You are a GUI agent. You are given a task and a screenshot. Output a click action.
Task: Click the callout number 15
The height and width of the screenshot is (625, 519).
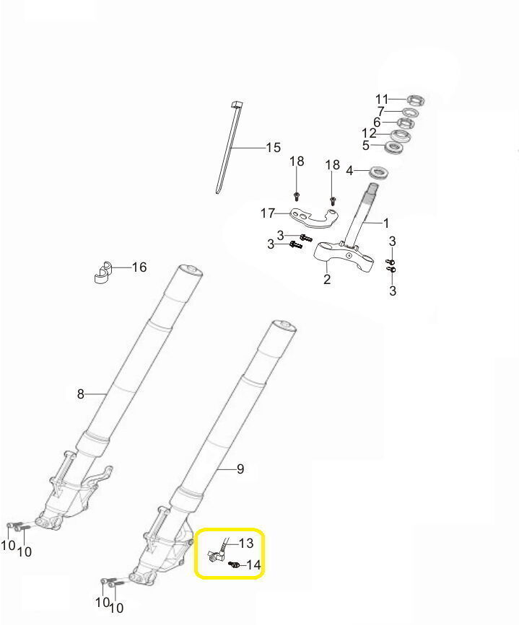[x=274, y=148]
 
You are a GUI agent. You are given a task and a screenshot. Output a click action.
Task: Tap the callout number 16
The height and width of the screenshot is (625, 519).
[x=139, y=267]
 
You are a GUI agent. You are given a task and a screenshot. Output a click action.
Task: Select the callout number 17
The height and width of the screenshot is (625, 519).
[x=268, y=213]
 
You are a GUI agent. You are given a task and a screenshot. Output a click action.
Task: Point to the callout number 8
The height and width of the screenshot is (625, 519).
[x=81, y=394]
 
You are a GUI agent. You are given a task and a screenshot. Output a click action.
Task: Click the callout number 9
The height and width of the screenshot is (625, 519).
[x=240, y=469]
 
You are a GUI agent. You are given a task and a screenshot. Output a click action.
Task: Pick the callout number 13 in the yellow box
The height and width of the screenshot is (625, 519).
[x=246, y=543]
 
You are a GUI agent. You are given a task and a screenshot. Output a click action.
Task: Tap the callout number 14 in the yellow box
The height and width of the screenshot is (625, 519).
[x=253, y=565]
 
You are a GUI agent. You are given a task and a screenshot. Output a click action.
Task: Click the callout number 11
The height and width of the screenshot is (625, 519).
[x=382, y=99]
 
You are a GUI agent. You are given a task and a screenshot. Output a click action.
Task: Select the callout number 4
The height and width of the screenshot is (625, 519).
[x=349, y=171]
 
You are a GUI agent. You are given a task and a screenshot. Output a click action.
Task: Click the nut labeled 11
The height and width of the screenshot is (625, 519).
[x=416, y=99]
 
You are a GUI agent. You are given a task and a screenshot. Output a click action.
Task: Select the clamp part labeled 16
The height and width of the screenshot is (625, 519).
[x=103, y=273]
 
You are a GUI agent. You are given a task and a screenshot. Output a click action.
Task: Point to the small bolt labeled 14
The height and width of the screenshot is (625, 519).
[x=234, y=564]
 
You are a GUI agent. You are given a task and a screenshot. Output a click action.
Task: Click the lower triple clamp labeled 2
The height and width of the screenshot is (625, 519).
[x=344, y=257]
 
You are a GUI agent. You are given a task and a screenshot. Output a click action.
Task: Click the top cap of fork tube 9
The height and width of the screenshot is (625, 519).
[x=284, y=327]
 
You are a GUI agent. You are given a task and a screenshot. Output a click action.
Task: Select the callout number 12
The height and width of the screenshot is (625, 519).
[x=369, y=133]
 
